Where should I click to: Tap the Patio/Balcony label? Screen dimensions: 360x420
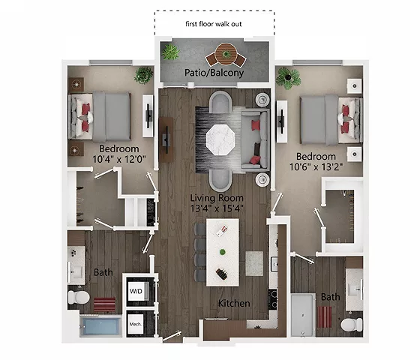point(215,73)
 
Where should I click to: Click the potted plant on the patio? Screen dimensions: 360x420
point(171,52)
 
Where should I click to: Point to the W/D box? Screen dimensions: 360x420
point(136,290)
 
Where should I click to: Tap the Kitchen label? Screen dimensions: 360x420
point(233,304)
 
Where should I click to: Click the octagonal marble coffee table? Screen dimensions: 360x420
point(221,139)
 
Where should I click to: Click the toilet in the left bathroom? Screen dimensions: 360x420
point(78,298)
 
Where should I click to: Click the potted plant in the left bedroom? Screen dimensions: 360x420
point(143,74)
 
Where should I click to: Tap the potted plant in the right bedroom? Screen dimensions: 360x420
point(287,76)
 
